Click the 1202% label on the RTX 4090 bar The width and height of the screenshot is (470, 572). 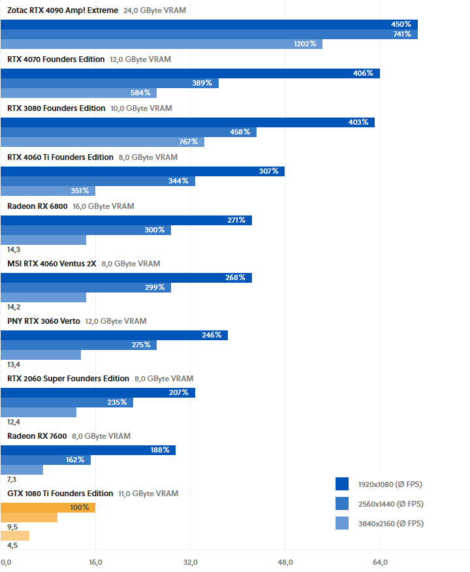click(x=305, y=44)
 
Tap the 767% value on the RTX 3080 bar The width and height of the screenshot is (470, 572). click(x=189, y=142)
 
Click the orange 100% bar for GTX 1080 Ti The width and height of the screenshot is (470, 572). click(x=48, y=507)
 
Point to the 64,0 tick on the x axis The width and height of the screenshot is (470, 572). click(x=380, y=562)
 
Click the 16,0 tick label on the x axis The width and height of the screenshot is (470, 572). click(x=95, y=562)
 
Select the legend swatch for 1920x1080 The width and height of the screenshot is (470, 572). click(x=342, y=484)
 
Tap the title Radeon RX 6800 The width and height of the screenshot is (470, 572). click(x=37, y=206)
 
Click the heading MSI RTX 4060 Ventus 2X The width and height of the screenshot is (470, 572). click(x=52, y=264)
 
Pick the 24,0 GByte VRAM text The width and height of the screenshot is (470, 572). click(x=153, y=10)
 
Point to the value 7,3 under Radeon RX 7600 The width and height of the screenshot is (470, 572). click(x=12, y=479)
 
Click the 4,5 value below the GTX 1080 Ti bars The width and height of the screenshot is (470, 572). click(x=12, y=546)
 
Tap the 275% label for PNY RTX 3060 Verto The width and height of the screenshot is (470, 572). click(x=141, y=345)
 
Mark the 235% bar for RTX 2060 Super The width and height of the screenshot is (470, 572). click(x=67, y=402)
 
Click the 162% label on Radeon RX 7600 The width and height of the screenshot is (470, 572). click(x=75, y=460)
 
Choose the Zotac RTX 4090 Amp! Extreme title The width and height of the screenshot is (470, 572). click(x=63, y=10)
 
